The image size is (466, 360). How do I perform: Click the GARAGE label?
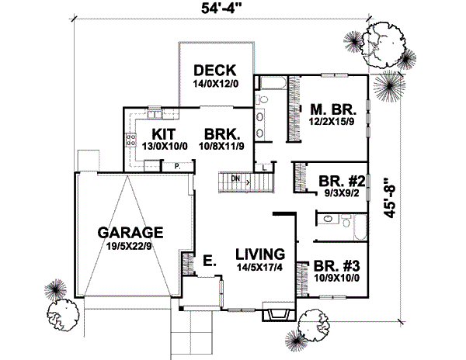click(x=130, y=231)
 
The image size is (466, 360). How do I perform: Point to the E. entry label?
click(x=207, y=261)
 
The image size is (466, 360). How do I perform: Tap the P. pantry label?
click(x=176, y=165)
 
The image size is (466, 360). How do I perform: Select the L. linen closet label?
click(x=265, y=166)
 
